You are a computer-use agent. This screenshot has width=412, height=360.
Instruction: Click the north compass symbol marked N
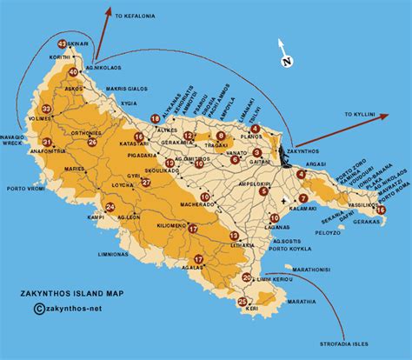pos(286,60)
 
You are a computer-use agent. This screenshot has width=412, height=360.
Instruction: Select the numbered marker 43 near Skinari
pos(62,43)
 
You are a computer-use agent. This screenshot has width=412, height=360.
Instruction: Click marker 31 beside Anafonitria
pos(46,142)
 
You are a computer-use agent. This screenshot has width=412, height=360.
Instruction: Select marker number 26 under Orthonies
pos(92,142)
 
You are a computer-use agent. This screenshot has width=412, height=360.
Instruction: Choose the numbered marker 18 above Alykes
pos(155,118)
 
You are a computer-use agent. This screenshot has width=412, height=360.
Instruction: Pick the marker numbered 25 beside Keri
pos(242,301)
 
